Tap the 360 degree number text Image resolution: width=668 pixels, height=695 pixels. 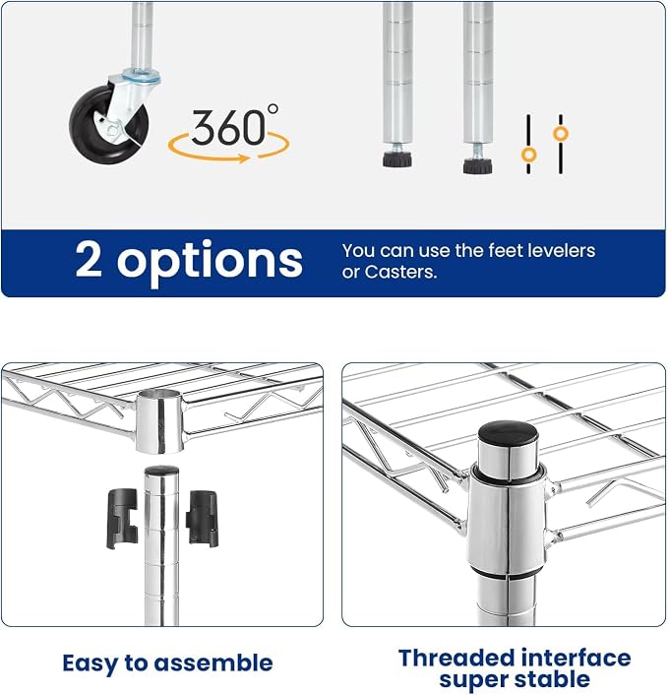click(x=229, y=128)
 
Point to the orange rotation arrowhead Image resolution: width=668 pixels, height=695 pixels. click(x=244, y=158)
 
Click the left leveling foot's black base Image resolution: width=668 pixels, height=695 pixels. click(x=397, y=159)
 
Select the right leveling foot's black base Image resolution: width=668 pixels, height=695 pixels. click(x=478, y=165)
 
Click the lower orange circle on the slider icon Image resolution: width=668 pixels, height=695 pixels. click(x=528, y=156)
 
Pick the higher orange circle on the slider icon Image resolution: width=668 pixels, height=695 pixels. click(x=561, y=134)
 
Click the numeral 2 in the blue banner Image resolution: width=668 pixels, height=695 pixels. click(x=89, y=259)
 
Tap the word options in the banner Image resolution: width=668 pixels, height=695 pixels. click(x=210, y=263)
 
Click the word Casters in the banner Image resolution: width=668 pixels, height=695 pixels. click(x=400, y=272)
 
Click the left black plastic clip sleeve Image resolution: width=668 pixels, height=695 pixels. click(x=122, y=519)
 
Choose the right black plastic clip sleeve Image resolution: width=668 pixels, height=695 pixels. click(x=203, y=518)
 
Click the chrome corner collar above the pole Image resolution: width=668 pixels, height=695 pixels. click(x=159, y=421)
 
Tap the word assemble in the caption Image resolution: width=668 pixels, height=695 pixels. click(x=213, y=663)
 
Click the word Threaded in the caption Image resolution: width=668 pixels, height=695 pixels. click(x=456, y=658)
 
